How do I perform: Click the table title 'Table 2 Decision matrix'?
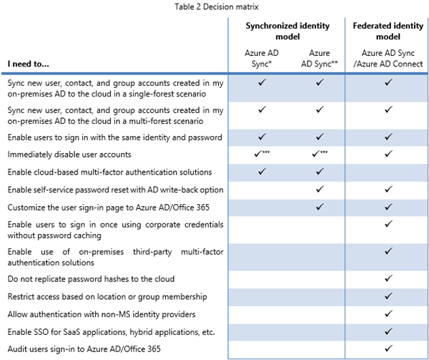pos(212,7)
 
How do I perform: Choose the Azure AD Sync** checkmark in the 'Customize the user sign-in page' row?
pos(320,207)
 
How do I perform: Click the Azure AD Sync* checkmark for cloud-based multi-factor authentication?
pos(259,172)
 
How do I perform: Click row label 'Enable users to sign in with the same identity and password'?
pos(114,137)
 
